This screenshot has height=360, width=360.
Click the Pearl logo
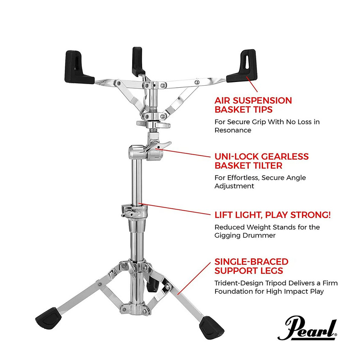tap(307, 328)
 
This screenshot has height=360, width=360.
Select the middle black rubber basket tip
tap(138, 61)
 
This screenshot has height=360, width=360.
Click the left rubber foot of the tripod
tap(49, 318)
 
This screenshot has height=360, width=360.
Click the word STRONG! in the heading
tap(311, 215)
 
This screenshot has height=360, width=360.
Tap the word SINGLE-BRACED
tap(252, 262)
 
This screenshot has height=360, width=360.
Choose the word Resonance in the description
tap(233, 130)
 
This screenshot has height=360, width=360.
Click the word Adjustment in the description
tap(234, 186)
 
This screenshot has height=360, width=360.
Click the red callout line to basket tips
tap(252, 84)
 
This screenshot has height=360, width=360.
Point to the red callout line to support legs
tap(194, 278)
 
